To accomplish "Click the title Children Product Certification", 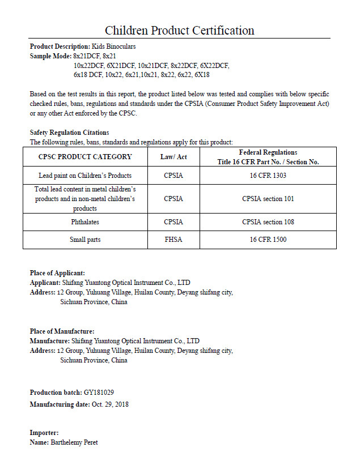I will pos(179,30).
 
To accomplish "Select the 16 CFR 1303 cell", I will pos(268,176).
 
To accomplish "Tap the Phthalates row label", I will pos(85,222).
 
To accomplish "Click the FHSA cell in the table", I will pos(173,240).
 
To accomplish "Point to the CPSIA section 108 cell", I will pos(268,222).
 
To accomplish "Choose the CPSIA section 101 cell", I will pos(268,199).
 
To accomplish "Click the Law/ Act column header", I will pos(173,157).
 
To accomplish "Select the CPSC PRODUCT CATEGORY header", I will pos(85,157).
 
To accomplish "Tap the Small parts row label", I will pos(85,240).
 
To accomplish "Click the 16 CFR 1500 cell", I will pos(268,240).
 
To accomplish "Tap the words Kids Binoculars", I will pos(113,46).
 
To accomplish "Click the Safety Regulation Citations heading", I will pos(69,133).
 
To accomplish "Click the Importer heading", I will pos(44,433).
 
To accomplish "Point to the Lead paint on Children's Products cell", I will pos(85,176).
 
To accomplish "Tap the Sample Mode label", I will pos(50,56).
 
